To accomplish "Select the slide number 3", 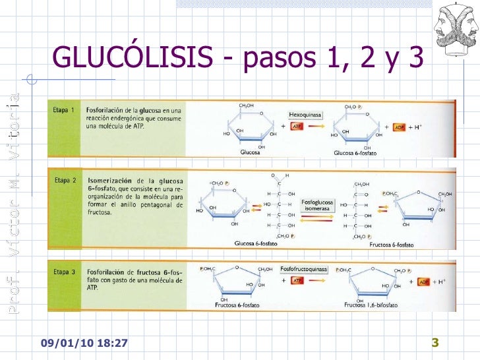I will click(x=435, y=342).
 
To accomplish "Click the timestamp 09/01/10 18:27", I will click(x=84, y=344).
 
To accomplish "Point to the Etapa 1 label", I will click(x=64, y=109).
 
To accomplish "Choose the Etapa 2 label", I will click(x=64, y=179).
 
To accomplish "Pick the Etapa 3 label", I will click(x=64, y=271).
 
